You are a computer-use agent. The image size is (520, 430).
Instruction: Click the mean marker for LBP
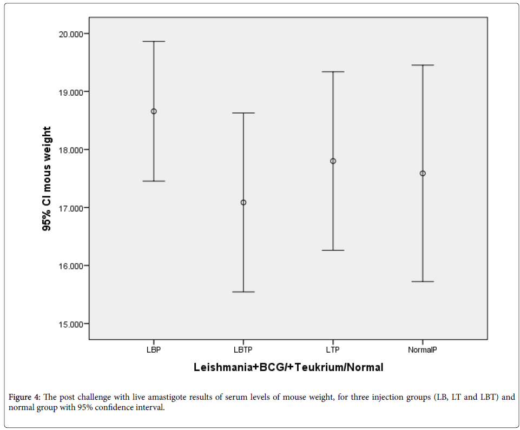click(x=154, y=111)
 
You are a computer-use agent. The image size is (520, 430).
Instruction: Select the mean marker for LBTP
click(x=243, y=202)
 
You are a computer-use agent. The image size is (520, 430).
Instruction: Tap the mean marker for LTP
click(x=333, y=161)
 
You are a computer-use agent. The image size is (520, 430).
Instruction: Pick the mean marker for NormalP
click(x=423, y=174)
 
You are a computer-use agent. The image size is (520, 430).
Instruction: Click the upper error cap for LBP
click(x=154, y=42)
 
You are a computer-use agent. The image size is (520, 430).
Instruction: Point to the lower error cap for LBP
click(x=154, y=181)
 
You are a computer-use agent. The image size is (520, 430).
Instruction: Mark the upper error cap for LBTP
click(x=243, y=113)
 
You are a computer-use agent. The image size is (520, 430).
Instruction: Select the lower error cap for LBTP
click(x=243, y=292)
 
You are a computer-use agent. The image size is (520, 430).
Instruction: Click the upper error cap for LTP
click(x=333, y=72)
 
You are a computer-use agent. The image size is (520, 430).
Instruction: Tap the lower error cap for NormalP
click(x=423, y=282)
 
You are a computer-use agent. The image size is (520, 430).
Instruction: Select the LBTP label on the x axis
click(x=243, y=350)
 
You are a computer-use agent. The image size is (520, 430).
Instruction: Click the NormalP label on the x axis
click(x=423, y=350)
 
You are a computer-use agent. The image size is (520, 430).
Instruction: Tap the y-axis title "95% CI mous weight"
click(x=47, y=179)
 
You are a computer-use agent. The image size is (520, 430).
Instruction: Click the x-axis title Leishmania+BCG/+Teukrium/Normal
click(x=288, y=368)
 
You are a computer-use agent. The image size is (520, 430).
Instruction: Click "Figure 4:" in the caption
click(x=24, y=398)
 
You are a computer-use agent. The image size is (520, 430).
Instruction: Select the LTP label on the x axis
click(x=333, y=350)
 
